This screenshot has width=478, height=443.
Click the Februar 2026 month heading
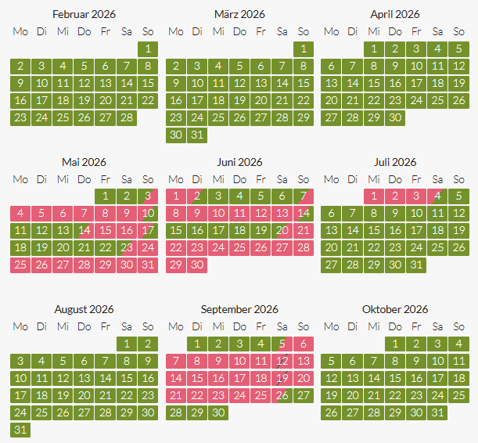pos(84,14)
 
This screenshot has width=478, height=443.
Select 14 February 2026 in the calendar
pos(127,83)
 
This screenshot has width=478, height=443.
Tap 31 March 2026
pos(197,135)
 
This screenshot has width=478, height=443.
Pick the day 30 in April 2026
pos(395,117)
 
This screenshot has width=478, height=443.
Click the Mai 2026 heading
pos(84,162)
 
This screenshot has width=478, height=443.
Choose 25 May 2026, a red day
pos(20,265)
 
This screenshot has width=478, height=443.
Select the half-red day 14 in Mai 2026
pos(84,230)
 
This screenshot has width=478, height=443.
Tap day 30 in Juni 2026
pos(197,265)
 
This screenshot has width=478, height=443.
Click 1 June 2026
pos(176,196)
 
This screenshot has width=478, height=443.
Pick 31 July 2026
pos(416,265)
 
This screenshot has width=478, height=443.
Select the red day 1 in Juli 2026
pos(374,196)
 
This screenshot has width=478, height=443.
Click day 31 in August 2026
pos(20,430)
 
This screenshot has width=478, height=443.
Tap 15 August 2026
pos(127,378)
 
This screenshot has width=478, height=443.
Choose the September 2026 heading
pos(239,309)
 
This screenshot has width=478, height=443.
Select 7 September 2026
pos(176,361)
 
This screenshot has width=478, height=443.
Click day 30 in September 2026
pos(218,412)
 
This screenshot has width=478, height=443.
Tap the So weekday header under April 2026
pos(458,31)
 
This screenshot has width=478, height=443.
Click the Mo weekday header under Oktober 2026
pos(332,326)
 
